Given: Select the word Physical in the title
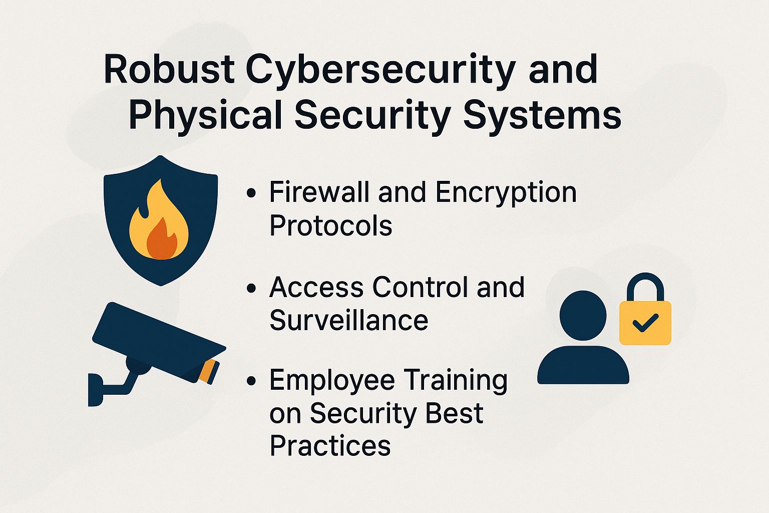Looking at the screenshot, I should [205, 115].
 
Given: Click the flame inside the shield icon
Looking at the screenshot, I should [159, 223].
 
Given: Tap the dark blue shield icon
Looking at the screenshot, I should [120, 200].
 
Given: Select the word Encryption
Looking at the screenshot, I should [506, 193].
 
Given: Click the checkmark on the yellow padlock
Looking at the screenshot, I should [645, 323].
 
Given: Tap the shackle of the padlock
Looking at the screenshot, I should [645, 286].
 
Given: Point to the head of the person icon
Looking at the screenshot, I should [583, 316].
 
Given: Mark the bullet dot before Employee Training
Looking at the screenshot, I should [251, 381].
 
